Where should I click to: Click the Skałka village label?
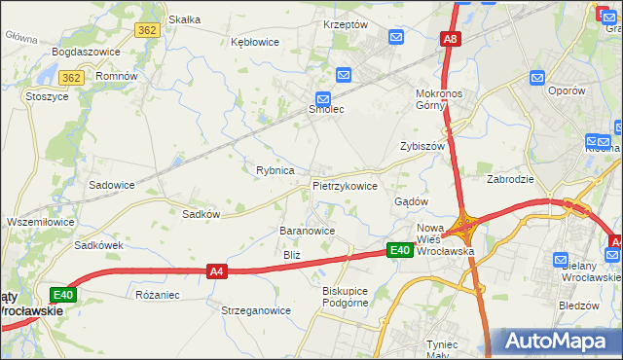coord(184,18)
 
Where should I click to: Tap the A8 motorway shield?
coord(450,39)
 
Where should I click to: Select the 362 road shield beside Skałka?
coord(148,31)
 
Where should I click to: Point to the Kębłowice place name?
coord(255,42)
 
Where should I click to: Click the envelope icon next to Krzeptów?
coord(396,37)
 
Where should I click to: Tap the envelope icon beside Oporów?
coord(536,77)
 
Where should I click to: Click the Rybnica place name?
coord(275,170)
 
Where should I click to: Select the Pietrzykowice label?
coord(345,185)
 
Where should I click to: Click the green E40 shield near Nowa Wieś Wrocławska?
coord(399,250)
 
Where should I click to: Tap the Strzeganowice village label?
coord(256,310)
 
